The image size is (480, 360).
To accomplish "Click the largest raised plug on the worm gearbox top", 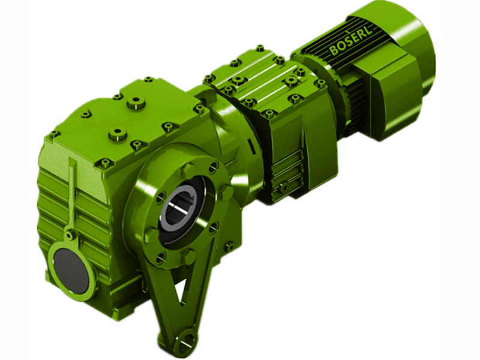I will (136, 104).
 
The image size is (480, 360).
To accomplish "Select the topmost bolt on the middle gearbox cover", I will (259, 48).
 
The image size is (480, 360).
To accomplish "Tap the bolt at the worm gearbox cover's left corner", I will (55, 134).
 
